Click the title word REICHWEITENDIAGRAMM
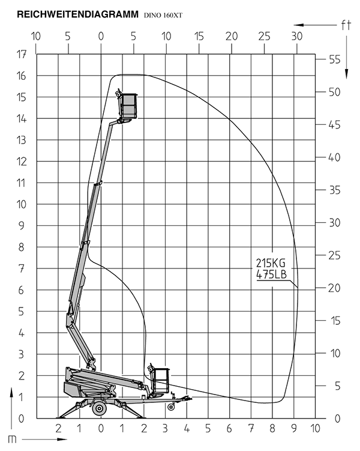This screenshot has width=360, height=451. click(77, 14)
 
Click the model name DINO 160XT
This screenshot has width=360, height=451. click(163, 16)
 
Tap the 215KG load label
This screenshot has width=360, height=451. click(271, 263)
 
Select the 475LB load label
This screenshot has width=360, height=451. click(272, 274)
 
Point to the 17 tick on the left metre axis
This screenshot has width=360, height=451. click(21, 54)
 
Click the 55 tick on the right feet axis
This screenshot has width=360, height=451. click(335, 59)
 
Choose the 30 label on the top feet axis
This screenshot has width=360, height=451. click(297, 36)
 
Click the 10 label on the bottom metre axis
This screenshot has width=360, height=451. click(315, 429)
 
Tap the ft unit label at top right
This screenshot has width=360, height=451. click(346, 25)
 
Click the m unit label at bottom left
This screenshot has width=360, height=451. click(12, 439)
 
